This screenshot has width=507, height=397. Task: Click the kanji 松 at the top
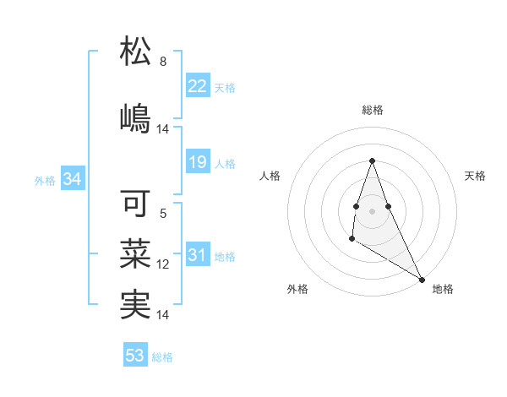coord(135,52)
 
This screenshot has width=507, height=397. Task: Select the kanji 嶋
coord(135,117)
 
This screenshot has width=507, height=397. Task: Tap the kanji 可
coord(135,203)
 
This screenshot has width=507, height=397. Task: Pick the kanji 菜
coord(135,254)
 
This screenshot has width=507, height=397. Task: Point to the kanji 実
coord(135,305)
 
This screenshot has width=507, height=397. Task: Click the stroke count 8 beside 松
coord(163,62)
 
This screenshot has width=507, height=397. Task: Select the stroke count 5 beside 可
coord(163,214)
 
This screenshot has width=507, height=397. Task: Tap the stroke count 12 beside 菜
coord(163,264)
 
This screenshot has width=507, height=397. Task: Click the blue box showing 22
coord(197,86)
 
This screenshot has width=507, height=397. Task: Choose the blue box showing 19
coord(197,162)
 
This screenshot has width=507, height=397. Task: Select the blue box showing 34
coord(72,179)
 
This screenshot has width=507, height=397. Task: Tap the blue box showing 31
coord(197,255)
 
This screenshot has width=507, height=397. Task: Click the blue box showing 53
coord(134,356)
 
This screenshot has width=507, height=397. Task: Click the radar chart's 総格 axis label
coord(372,110)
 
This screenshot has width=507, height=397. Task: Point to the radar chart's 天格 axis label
coord(475,176)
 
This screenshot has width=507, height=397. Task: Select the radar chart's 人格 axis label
coord(270,176)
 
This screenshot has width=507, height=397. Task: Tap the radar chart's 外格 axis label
coord(297,289)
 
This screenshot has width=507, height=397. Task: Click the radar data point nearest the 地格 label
coord(422,279)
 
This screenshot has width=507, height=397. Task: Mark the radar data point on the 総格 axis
coord(372,160)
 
